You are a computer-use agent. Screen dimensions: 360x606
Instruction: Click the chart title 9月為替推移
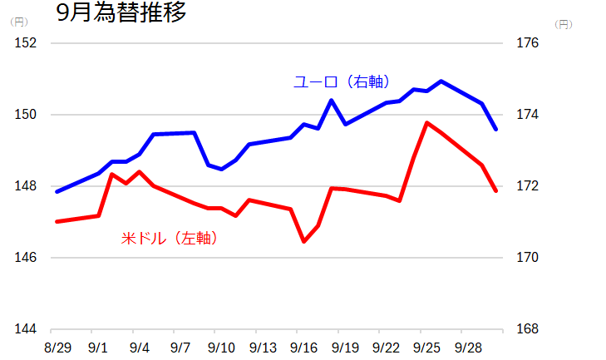[121, 13]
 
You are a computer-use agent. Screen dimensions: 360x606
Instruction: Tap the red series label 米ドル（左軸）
[170, 239]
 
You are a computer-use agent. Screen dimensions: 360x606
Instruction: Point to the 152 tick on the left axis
[27, 43]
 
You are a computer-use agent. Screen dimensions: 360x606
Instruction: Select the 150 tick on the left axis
[27, 115]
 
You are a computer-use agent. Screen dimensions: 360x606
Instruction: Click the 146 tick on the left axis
[27, 258]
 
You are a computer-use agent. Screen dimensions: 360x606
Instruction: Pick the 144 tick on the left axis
[27, 329]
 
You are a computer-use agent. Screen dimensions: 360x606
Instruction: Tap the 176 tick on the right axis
[529, 43]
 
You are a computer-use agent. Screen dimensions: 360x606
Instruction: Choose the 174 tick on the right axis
[529, 115]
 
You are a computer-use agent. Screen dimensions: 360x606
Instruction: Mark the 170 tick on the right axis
[529, 258]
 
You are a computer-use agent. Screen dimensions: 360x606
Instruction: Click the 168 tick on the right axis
[529, 329]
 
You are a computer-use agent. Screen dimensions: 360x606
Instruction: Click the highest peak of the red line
[427, 123]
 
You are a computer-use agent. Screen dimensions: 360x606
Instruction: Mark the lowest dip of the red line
[303, 241]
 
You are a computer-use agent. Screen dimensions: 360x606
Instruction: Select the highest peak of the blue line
[441, 81]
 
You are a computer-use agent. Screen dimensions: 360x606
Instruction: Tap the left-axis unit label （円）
[19, 22]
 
